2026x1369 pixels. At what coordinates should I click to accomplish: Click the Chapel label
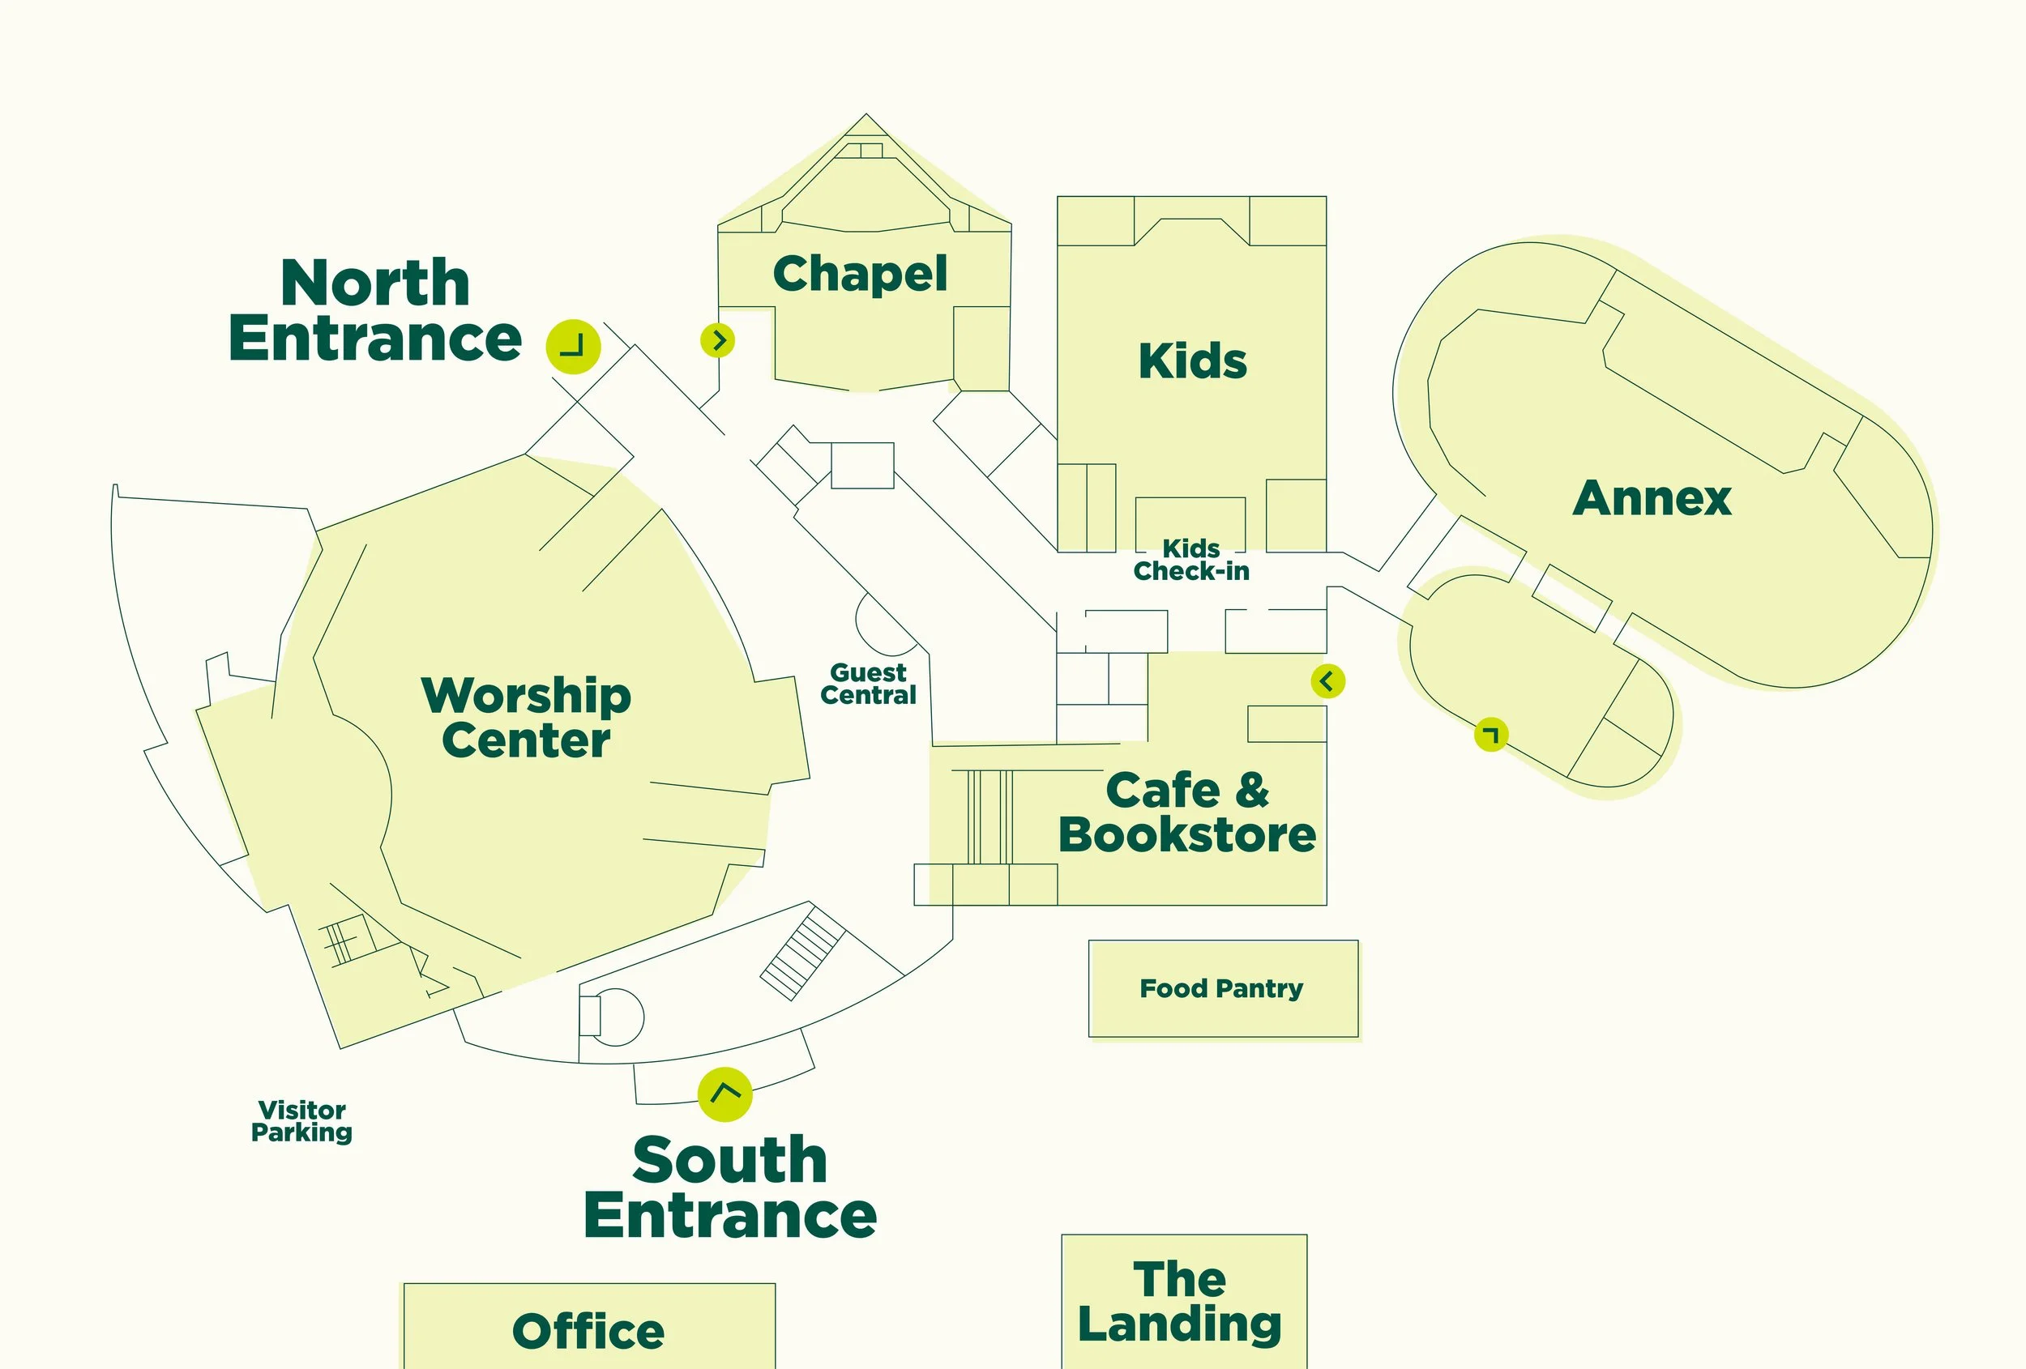click(860, 274)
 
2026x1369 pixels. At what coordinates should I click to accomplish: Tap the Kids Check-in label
click(1190, 561)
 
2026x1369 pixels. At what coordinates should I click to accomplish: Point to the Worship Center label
click(527, 718)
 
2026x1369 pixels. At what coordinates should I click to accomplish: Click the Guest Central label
click(868, 684)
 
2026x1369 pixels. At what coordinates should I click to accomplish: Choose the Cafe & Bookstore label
click(1187, 812)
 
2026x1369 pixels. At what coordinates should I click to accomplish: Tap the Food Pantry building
click(1222, 988)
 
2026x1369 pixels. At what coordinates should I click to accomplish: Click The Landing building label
click(1181, 1302)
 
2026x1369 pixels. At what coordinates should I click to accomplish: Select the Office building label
click(588, 1331)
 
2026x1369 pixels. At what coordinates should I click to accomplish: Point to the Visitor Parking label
click(301, 1120)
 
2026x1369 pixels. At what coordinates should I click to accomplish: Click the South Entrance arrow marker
click(725, 1094)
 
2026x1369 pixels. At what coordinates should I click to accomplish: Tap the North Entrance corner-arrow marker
click(573, 346)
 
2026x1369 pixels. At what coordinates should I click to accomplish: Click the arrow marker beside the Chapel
click(717, 340)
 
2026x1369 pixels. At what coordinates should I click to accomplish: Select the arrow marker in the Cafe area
click(1327, 680)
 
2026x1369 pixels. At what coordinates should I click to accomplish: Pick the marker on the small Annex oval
click(1491, 735)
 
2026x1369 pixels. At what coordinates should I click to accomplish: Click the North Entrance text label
click(375, 310)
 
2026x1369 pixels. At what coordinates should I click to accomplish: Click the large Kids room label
click(1193, 360)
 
